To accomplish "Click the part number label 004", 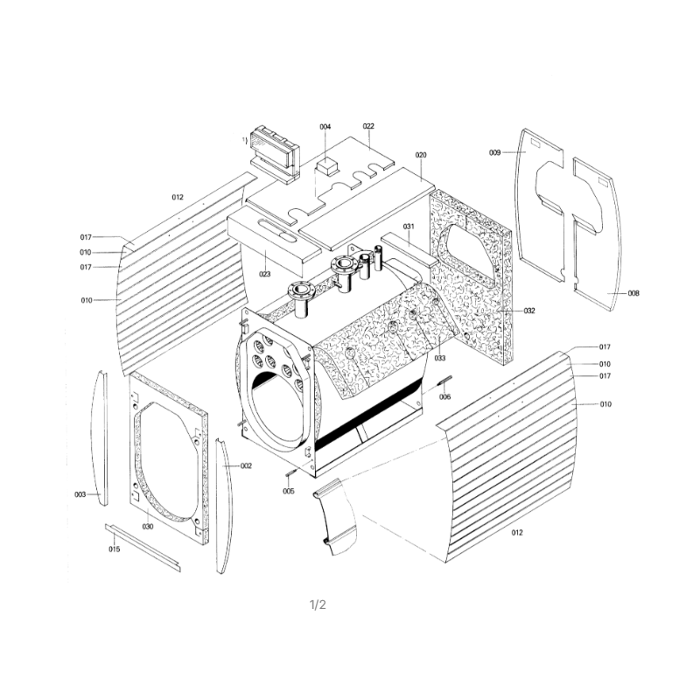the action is [325, 127].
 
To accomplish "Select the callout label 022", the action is [368, 126].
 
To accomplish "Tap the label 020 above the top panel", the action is [421, 155].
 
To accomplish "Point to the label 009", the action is [494, 152].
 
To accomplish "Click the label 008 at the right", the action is [633, 293].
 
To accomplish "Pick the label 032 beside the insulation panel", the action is [529, 311].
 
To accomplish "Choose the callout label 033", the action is [440, 358].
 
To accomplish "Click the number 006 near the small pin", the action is [445, 397].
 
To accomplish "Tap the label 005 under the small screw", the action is [289, 492].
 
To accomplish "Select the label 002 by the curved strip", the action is [246, 465].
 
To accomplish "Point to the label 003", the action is [80, 494].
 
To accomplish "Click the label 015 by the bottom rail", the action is [115, 549].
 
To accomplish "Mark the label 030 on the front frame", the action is [148, 527].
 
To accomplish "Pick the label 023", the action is [265, 274].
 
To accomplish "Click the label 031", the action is [409, 227].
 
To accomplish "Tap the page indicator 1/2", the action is [318, 605].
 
